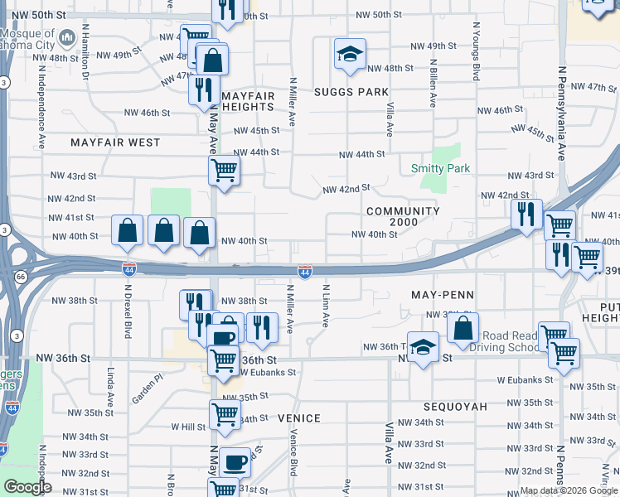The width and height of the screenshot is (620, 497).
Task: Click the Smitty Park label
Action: click(x=440, y=168)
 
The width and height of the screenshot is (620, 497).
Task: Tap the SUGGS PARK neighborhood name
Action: click(x=351, y=92)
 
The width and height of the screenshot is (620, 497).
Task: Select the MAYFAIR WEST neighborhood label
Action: click(x=115, y=142)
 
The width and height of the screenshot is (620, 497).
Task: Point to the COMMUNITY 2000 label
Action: click(x=403, y=216)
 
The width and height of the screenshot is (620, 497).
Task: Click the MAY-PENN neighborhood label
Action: click(x=442, y=295)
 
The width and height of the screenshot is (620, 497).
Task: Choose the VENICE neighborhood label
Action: click(x=298, y=418)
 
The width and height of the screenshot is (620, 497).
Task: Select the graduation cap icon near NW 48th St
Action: click(x=349, y=55)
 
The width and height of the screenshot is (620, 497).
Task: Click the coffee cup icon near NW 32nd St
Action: click(x=235, y=461)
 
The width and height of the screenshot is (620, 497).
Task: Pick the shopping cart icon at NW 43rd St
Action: click(x=224, y=171)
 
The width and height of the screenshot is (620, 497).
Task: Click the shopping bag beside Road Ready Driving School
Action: click(x=463, y=327)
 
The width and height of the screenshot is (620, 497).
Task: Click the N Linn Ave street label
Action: click(x=327, y=306)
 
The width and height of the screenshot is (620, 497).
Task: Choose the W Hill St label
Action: click(x=187, y=427)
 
